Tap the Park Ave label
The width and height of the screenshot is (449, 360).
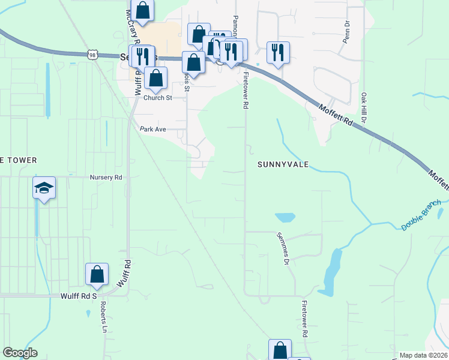tap(152, 129)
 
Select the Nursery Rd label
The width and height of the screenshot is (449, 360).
tap(106, 178)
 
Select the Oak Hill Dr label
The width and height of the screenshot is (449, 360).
tap(364, 106)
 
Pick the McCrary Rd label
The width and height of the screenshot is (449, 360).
tap(133, 27)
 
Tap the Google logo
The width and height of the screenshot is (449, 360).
tap(20, 353)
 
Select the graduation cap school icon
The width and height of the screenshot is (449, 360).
tap(44, 188)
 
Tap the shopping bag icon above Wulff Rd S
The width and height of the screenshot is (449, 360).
tap(97, 274)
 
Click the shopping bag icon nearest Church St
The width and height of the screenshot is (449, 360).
tap(155, 78)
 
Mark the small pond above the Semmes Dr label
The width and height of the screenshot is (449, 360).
tap(285, 217)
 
